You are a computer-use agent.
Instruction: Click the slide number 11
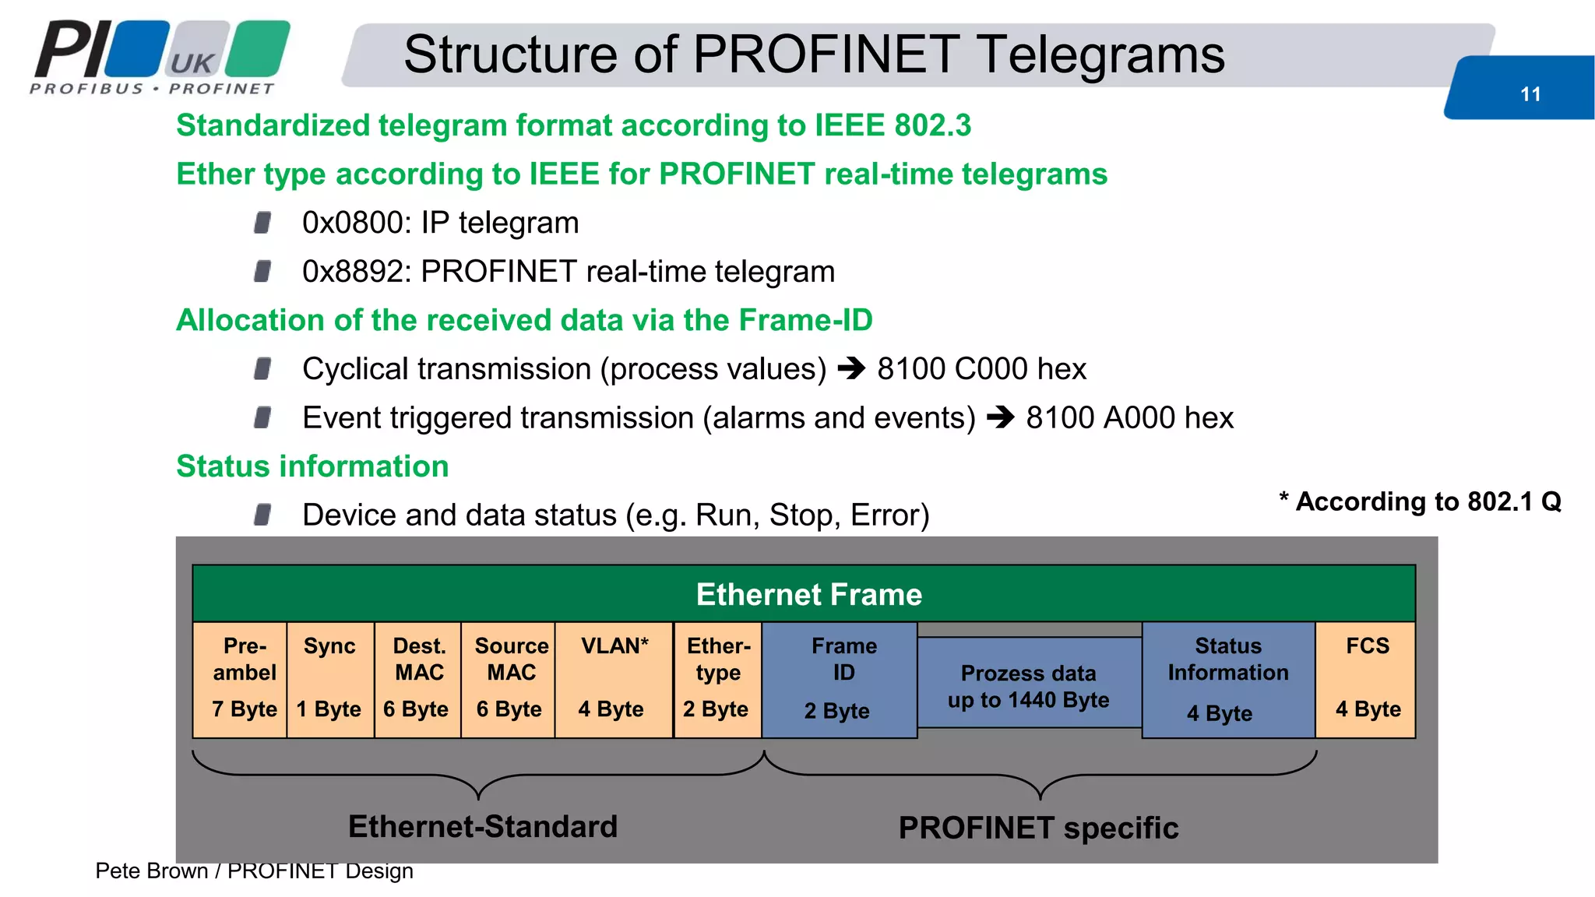(1530, 94)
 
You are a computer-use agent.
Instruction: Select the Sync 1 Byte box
(330, 678)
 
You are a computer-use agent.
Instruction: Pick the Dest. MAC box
(417, 678)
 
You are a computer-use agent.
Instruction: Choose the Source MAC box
(509, 678)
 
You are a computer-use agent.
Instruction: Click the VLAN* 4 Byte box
(614, 678)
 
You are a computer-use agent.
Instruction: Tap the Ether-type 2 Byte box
(717, 678)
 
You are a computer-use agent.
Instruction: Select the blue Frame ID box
(840, 678)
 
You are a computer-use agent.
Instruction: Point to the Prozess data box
(1029, 685)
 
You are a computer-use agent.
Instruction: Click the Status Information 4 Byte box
(1227, 679)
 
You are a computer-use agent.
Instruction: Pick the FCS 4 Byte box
(1366, 678)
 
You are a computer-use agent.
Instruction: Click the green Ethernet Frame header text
(808, 595)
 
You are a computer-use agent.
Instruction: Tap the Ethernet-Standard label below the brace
(482, 827)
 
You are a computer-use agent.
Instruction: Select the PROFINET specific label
(1037, 828)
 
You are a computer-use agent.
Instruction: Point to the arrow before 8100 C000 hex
(851, 368)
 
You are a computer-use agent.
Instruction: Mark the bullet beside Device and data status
(262, 515)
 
